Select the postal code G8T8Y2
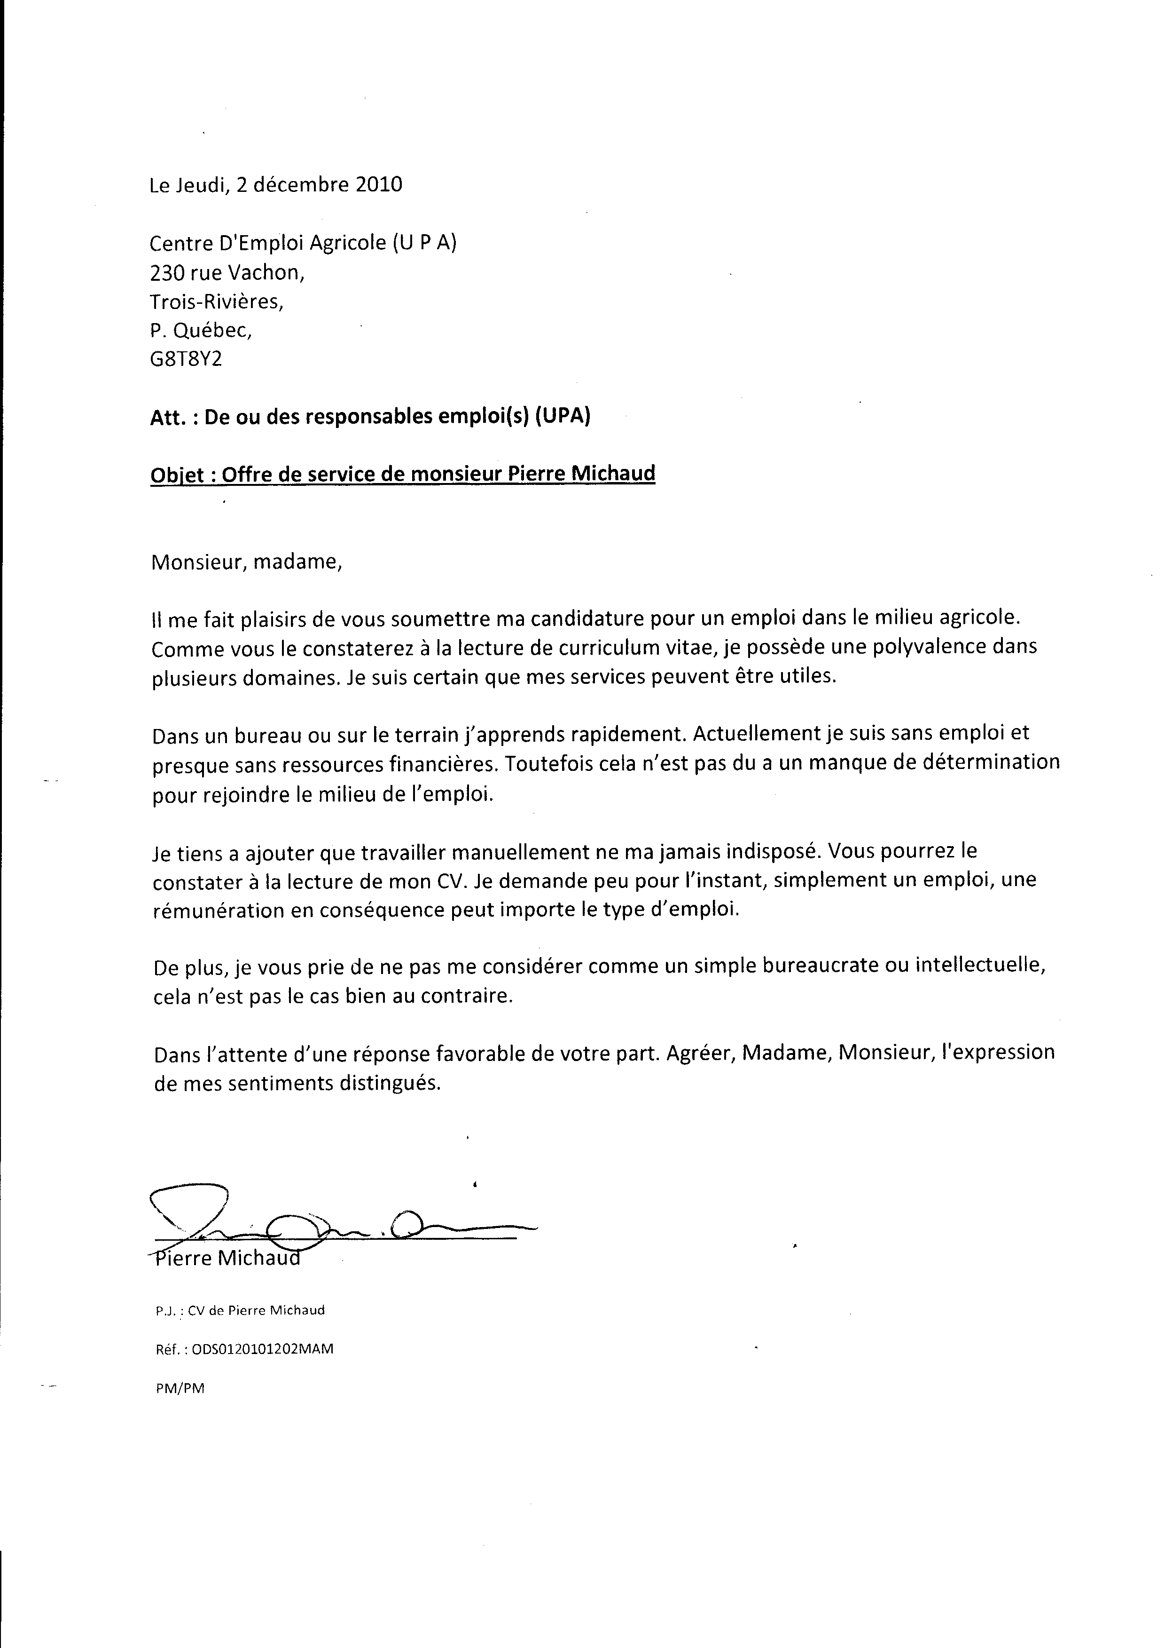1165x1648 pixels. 186,358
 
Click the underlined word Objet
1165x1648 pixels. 180,475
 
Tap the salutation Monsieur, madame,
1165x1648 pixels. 247,561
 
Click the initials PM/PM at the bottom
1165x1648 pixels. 180,1388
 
